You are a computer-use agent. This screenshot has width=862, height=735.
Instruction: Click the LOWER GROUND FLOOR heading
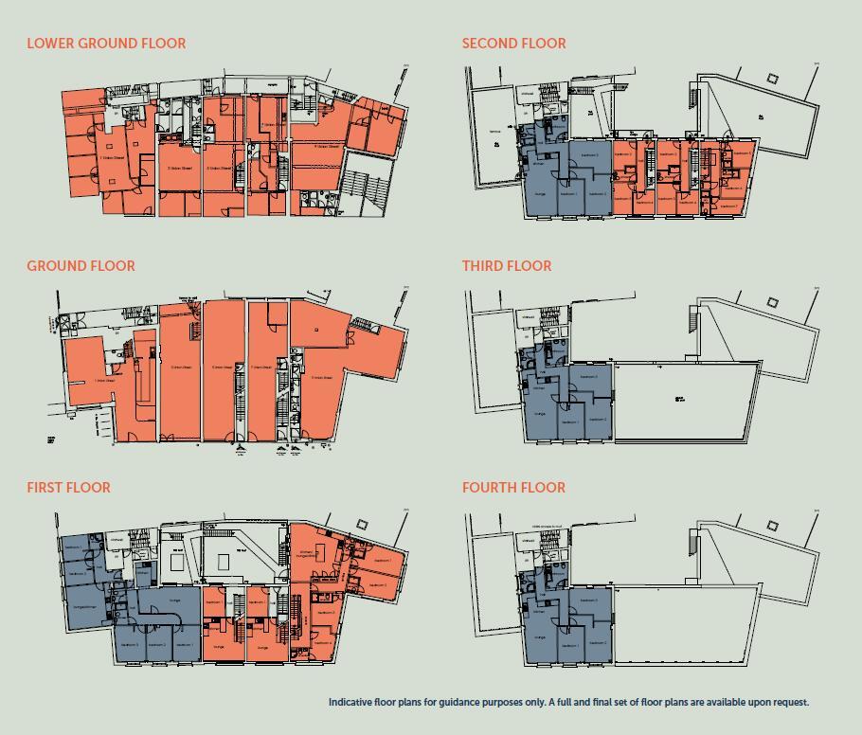pos(106,44)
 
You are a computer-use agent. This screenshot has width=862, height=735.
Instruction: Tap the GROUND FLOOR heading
pos(81,266)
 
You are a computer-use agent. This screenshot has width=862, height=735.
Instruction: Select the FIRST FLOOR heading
pos(68,488)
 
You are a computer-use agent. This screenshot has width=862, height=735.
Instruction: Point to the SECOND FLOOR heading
pos(513,44)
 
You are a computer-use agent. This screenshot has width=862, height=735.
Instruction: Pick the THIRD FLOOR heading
pos(507,266)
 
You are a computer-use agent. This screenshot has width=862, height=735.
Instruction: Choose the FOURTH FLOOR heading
pos(513,488)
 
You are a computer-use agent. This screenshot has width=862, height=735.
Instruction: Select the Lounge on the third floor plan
pos(540,414)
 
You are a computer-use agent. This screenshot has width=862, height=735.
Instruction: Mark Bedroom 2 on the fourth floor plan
pos(598,643)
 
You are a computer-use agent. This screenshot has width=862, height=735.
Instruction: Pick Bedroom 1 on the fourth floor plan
pos(569,643)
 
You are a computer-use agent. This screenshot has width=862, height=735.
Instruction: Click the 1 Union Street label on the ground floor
pos(105,381)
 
